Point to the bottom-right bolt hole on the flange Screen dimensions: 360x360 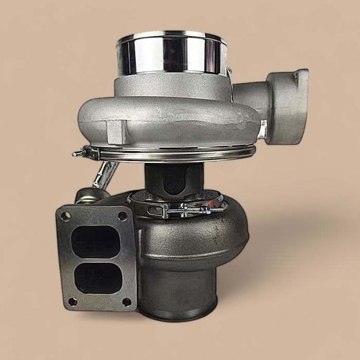tap(127, 302)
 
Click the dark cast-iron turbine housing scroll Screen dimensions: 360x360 tap(206, 242)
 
